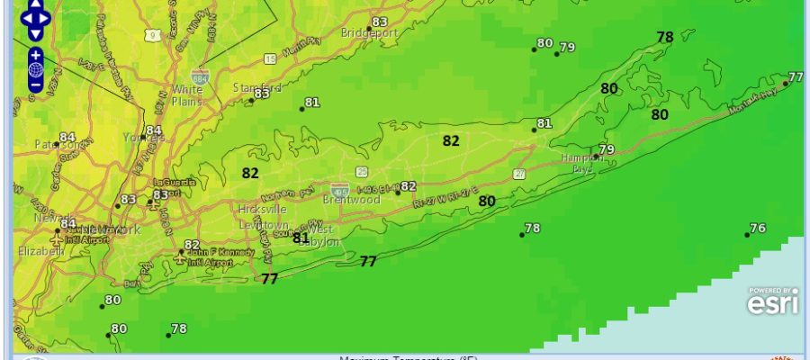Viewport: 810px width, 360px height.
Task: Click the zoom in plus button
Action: click(x=35, y=54)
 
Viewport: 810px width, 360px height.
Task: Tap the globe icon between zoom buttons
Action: click(x=35, y=69)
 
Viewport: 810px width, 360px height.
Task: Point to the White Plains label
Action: click(x=187, y=94)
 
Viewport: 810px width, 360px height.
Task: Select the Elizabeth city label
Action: click(x=40, y=251)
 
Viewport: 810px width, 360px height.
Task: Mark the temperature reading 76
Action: click(x=758, y=228)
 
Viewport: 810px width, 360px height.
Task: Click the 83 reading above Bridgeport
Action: click(x=379, y=22)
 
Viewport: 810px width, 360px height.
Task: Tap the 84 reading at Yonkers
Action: click(x=154, y=130)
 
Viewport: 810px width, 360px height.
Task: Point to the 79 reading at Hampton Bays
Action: click(x=607, y=149)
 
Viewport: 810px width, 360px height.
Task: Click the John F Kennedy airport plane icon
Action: click(x=182, y=254)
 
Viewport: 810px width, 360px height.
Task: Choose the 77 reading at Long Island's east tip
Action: click(x=795, y=76)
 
